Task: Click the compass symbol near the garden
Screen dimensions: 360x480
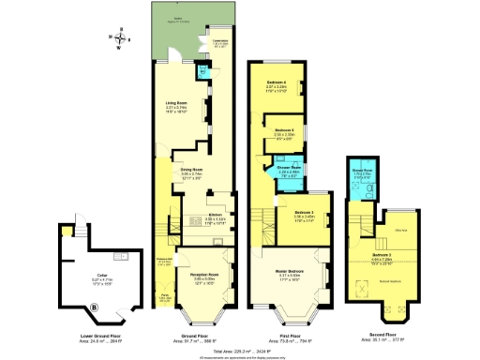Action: click(x=118, y=38)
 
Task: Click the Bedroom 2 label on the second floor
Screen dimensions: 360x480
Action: click(x=380, y=256)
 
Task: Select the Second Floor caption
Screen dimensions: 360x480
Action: click(x=380, y=335)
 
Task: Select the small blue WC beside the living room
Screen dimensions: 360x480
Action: click(x=202, y=72)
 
